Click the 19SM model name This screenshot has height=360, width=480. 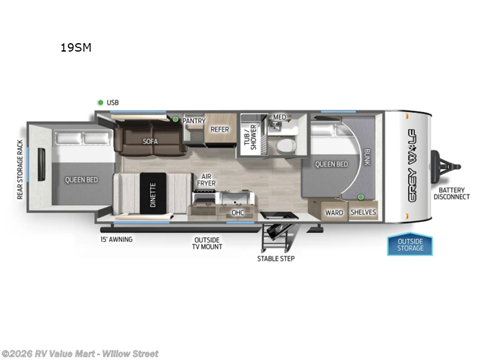(76, 48)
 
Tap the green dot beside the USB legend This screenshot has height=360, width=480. (101, 103)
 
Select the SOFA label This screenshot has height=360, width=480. (149, 142)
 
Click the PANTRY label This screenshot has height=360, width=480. (194, 121)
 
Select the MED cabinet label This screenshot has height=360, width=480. (280, 117)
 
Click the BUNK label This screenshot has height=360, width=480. (367, 158)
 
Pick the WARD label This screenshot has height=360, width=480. (334, 212)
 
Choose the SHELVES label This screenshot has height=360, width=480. (362, 212)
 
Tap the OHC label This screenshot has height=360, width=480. (238, 212)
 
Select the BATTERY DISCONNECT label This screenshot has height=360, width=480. (451, 193)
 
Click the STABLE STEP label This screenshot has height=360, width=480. (276, 259)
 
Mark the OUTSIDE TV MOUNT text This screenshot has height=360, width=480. (207, 243)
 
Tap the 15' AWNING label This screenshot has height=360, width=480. (116, 239)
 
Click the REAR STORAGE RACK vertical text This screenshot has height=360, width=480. (20, 170)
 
